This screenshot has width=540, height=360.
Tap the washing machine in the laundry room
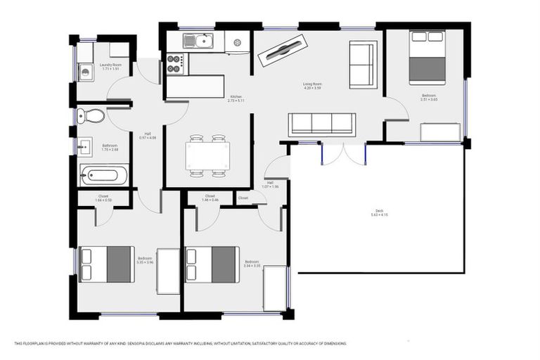pyautogui.click(x=85, y=71)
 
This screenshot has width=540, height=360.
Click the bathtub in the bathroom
pyautogui.click(x=103, y=174)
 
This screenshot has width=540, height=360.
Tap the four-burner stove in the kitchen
pyautogui.click(x=174, y=65)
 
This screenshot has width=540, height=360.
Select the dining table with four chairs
pyautogui.click(x=207, y=155)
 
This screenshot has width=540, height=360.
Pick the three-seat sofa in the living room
pyautogui.click(x=321, y=124)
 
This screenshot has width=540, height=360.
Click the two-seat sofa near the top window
pyautogui.click(x=363, y=65)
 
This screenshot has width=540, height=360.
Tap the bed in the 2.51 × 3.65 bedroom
pyautogui.click(x=427, y=57)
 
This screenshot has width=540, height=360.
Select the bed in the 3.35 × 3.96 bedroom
pyautogui.click(x=106, y=264)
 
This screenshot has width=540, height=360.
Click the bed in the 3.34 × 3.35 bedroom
pyautogui.click(x=212, y=264)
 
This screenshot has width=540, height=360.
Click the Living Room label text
pyautogui.click(x=312, y=85)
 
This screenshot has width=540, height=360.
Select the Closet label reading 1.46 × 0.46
pyautogui.click(x=210, y=198)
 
